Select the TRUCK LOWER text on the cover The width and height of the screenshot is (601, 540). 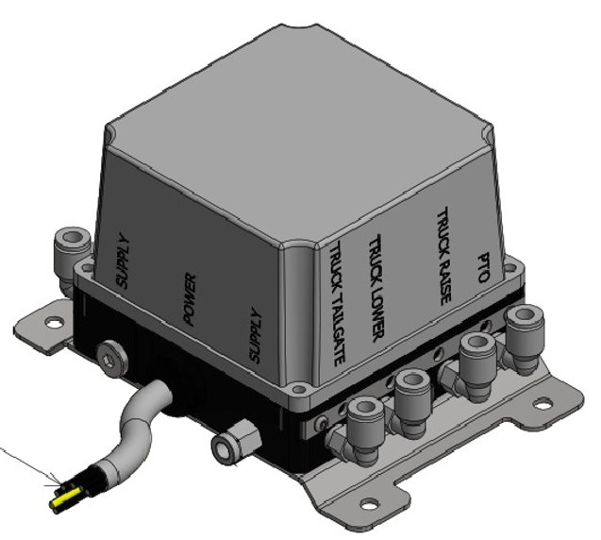tap(376, 284)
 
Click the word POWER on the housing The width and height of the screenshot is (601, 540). tap(189, 300)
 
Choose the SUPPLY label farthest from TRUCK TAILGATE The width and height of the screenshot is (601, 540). tap(121, 261)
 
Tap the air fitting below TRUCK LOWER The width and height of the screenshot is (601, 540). tap(411, 389)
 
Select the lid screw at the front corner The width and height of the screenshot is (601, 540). tap(299, 387)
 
